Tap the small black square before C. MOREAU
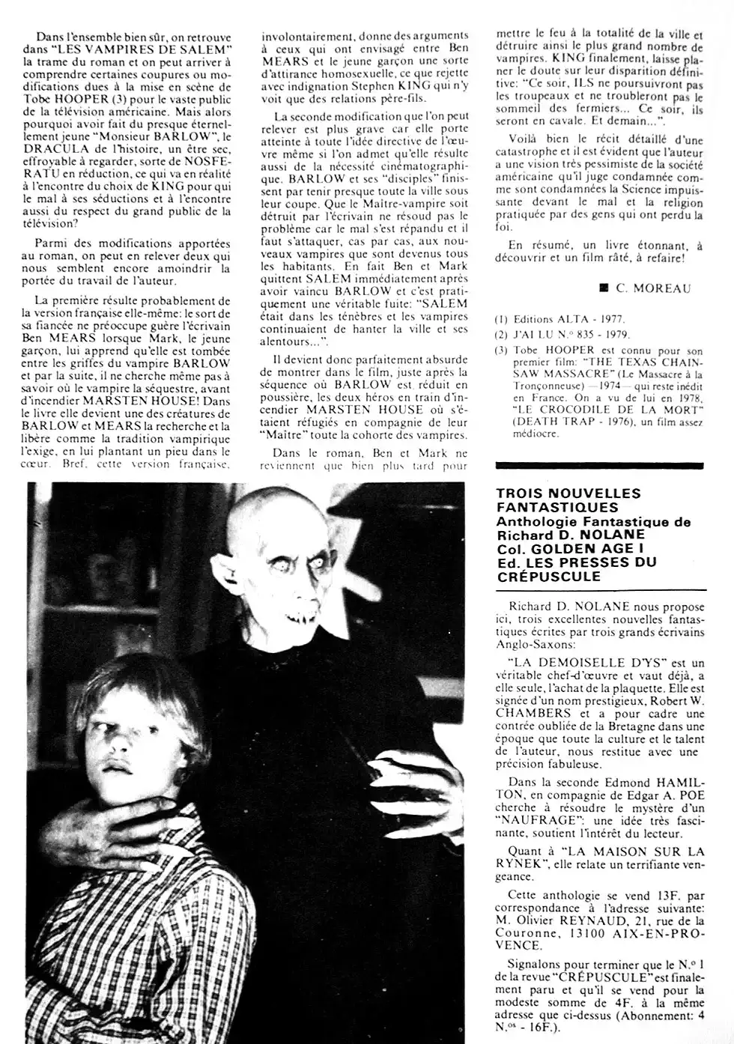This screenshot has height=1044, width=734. click(x=603, y=287)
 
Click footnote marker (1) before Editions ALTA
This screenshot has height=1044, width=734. click(x=501, y=319)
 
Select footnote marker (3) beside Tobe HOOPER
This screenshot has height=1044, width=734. click(x=501, y=350)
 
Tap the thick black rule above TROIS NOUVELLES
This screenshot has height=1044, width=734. click(x=600, y=478)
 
